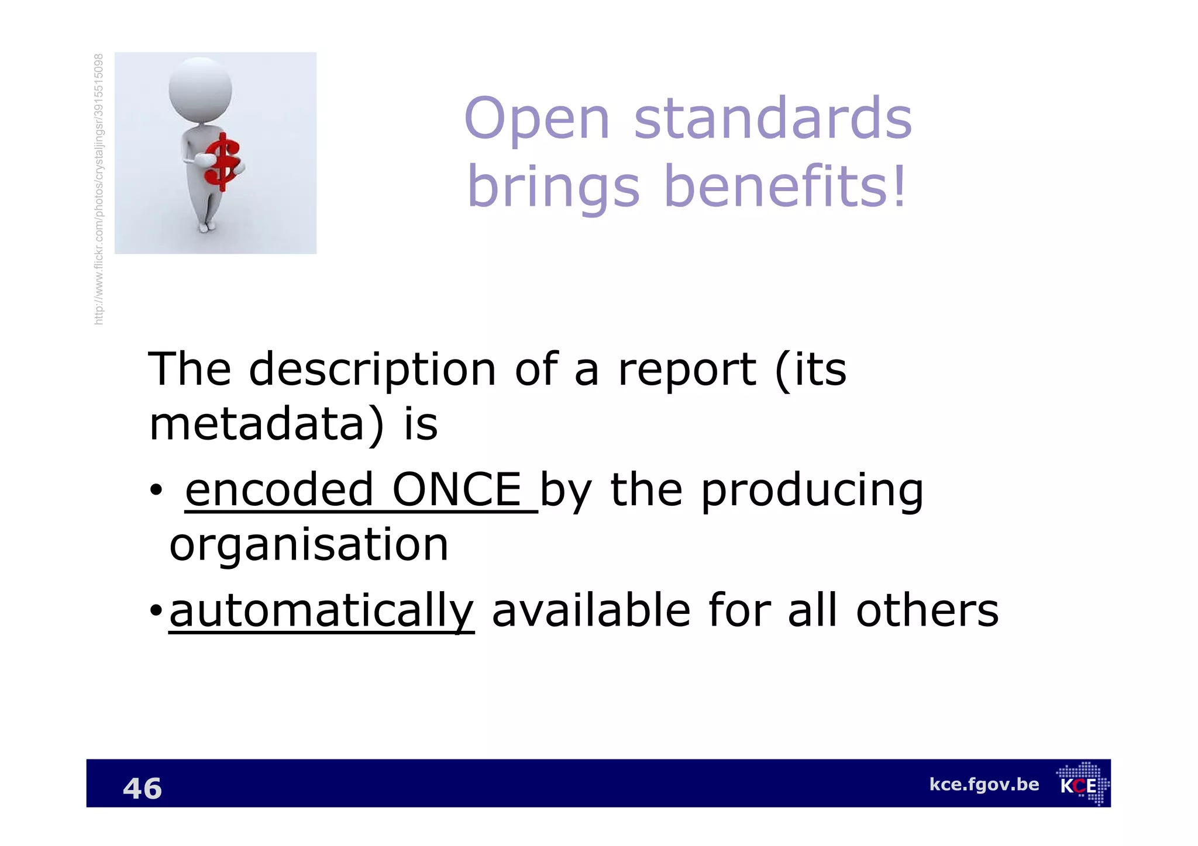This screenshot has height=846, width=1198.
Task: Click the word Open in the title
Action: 537,120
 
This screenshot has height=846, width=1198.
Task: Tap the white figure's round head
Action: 200,89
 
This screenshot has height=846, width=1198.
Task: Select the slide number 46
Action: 142,788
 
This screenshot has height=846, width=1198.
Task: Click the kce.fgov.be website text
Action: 984,784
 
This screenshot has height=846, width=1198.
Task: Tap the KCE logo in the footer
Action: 1082,784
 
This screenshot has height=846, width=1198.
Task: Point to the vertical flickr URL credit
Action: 99,189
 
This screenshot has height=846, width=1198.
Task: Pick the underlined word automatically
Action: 321,611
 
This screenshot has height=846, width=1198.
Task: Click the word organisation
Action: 309,545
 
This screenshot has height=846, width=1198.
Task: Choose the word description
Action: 373,370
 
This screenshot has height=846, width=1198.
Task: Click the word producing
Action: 812,491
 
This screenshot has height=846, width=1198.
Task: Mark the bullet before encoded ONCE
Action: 156,491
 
